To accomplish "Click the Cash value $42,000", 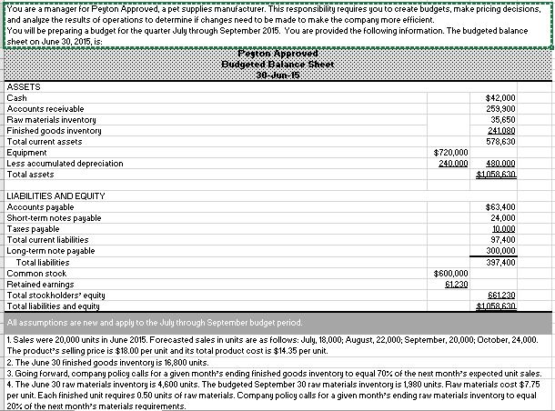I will click(x=501, y=97).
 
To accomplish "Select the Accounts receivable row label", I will click(x=41, y=108).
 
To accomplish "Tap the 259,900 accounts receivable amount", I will click(x=501, y=108).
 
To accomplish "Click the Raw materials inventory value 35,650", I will click(x=503, y=119).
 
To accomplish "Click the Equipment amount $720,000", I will click(x=451, y=152).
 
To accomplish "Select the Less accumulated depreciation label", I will click(x=65, y=164).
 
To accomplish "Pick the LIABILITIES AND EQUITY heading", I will click(x=55, y=196).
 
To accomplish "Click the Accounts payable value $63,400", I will click(x=501, y=207).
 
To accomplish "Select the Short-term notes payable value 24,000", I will click(x=503, y=218).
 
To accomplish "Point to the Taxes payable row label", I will click(x=34, y=229).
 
